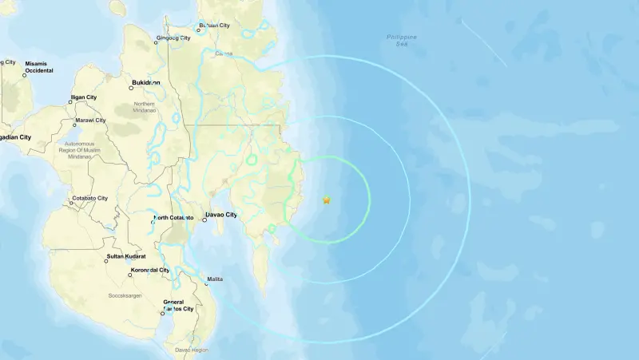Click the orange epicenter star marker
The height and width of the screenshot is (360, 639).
(326, 200)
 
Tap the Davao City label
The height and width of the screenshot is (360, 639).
(220, 215)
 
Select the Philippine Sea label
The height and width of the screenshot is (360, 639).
(401, 41)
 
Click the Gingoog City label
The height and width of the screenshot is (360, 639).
(173, 38)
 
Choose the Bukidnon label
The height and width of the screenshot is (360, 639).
(145, 82)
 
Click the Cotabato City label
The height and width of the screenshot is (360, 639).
(95, 197)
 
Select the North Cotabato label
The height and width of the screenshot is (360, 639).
(173, 218)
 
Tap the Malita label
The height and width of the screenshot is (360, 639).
(215, 279)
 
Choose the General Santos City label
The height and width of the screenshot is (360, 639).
(178, 305)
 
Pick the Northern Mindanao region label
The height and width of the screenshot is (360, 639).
(145, 107)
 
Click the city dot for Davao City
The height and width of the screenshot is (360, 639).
(204, 220)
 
